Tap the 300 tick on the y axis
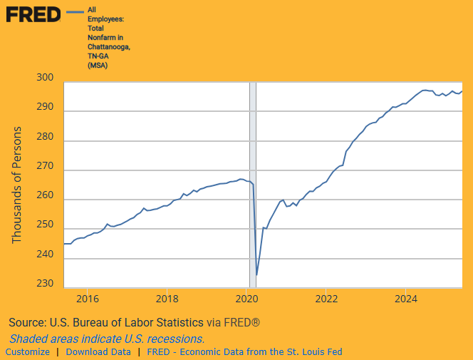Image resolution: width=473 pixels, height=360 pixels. pyautogui.click(x=45, y=77)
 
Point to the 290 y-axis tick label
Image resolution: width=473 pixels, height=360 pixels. pyautogui.click(x=45, y=106)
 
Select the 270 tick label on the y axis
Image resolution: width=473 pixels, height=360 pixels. pyautogui.click(x=45, y=165)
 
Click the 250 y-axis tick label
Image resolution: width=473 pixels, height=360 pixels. pyautogui.click(x=45, y=225)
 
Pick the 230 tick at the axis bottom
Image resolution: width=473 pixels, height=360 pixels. pyautogui.click(x=45, y=283)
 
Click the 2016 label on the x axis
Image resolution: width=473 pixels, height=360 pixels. pyautogui.click(x=87, y=299)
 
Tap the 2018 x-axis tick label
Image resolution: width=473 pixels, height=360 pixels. pyautogui.click(x=167, y=299)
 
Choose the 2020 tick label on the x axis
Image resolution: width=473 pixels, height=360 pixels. pyautogui.click(x=246, y=299)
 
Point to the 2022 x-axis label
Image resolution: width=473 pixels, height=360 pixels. pyautogui.click(x=326, y=299)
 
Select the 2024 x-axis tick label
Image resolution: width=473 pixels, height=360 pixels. pyautogui.click(x=406, y=299)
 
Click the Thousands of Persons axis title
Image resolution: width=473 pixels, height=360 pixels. pyautogui.click(x=18, y=185)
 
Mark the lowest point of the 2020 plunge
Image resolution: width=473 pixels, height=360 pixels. pyautogui.click(x=256, y=274)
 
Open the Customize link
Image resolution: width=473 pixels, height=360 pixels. pyautogui.click(x=28, y=352)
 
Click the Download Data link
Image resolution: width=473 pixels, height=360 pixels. pyautogui.click(x=98, y=352)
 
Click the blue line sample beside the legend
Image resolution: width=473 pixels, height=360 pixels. pyautogui.click(x=74, y=12)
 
